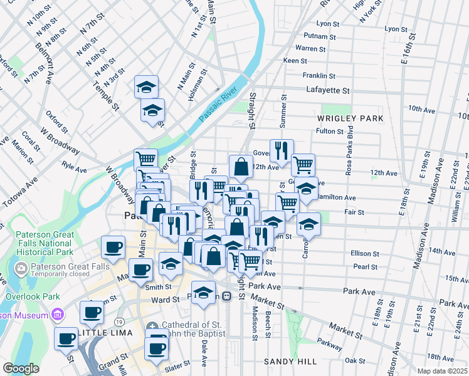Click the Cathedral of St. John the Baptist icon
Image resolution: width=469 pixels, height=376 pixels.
point(152,326)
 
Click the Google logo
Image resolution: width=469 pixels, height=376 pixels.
point(21,368)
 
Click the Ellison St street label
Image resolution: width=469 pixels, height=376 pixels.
point(364,253)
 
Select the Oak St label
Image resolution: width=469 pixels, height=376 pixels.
point(354,360)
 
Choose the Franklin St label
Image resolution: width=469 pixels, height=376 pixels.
point(315,75)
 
